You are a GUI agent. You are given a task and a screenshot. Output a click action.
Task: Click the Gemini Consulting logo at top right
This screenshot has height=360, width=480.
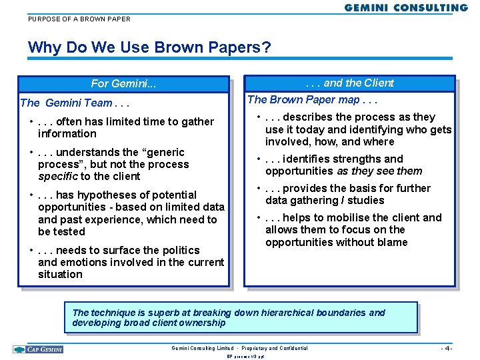tap(406, 7)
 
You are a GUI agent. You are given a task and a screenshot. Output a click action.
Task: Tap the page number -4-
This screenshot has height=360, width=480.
tap(447, 349)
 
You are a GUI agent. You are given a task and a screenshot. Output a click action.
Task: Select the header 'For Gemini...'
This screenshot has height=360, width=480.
tap(123, 84)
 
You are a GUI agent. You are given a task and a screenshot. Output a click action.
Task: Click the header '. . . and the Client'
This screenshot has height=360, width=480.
tap(349, 83)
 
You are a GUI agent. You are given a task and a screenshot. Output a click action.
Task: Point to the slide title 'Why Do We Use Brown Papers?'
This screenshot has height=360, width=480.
tap(149, 48)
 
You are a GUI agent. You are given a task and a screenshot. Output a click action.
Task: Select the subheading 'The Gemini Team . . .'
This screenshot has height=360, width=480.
tap(75, 103)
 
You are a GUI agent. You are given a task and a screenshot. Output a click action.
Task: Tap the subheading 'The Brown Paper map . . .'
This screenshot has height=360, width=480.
tap(312, 100)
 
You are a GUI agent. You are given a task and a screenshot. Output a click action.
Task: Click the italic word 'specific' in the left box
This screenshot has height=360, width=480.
tap(57, 177)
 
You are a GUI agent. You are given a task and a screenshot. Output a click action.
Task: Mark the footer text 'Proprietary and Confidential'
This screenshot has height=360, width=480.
tap(275, 348)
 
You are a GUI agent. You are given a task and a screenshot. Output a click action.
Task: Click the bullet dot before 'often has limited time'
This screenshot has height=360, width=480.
tap(32, 121)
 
